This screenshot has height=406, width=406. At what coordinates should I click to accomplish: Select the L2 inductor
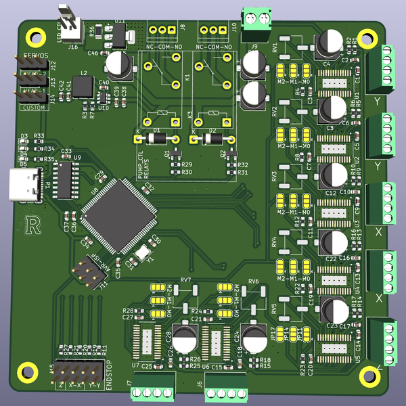click(x=83, y=87)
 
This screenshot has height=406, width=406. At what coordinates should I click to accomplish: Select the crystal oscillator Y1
click(x=143, y=252)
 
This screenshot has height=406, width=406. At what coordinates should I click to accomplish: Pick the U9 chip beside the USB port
click(x=66, y=177)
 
